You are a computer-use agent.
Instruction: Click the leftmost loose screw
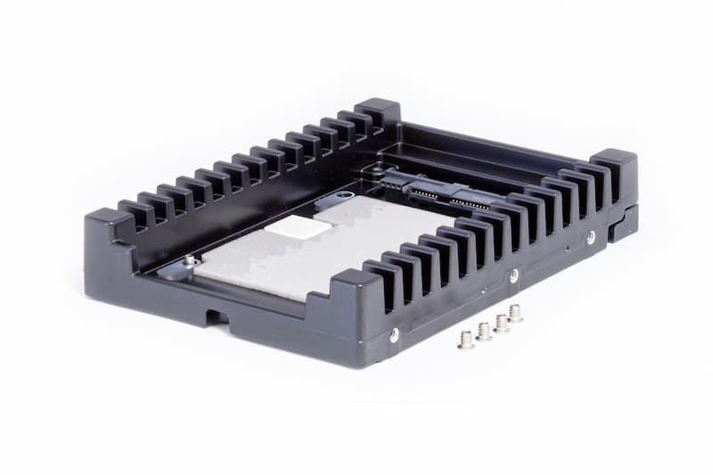click(465, 339)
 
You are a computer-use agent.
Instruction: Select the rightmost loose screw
click(514, 313)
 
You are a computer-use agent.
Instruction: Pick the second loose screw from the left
click(483, 331)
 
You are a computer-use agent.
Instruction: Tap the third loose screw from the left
click(501, 322)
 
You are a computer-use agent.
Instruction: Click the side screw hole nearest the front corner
click(394, 334)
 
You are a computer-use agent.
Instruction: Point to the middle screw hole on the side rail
click(513, 276)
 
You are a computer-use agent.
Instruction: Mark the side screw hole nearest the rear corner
click(590, 237)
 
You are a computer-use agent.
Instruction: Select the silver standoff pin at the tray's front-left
click(189, 260)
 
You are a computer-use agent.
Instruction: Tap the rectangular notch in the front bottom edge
click(217, 315)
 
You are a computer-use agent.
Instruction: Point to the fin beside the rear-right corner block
click(588, 183)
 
